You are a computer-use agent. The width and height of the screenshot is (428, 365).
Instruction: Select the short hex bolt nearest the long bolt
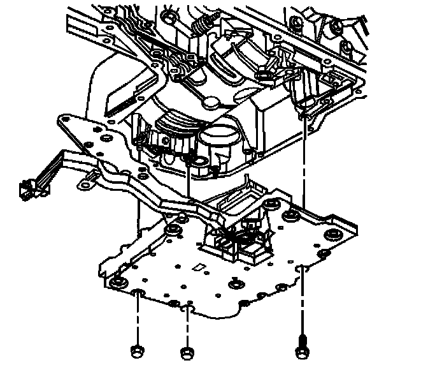click(x=186, y=352)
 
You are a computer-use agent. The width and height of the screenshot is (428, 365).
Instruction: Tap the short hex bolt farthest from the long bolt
click(x=136, y=350)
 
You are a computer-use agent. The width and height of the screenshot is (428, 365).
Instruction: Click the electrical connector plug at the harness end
click(x=29, y=188)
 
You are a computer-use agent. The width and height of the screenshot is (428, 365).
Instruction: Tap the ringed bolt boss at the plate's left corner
click(x=117, y=283)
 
